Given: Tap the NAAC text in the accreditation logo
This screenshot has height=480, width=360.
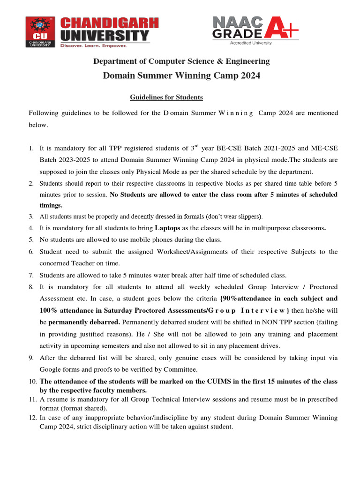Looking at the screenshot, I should [236, 22].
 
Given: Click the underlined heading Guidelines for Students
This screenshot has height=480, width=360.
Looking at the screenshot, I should [166, 97].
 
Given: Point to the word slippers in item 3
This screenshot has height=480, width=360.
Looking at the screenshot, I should [247, 217].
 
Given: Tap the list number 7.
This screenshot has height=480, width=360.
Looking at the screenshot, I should [31, 275].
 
